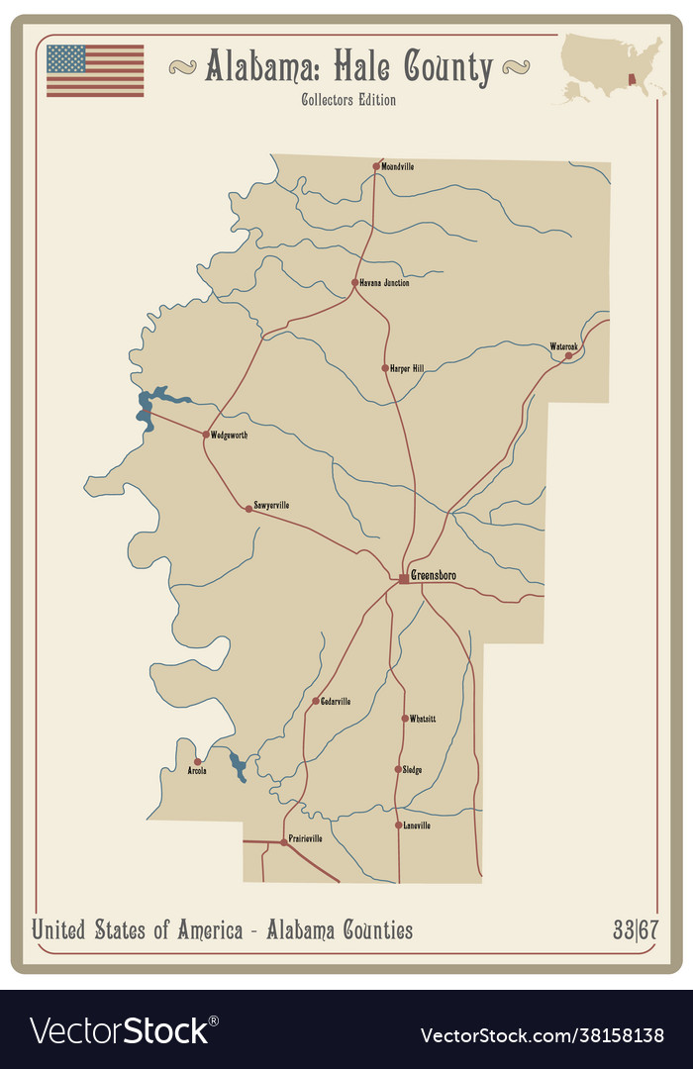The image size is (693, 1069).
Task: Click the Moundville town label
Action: coord(398,166)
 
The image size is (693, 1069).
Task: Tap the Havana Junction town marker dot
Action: coord(354,282)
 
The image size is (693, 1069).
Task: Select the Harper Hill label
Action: coord(407,368)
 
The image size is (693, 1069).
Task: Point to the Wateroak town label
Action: coord(563,346)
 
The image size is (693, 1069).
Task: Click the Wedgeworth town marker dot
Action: coord(206,434)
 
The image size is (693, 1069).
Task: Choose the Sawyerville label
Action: coord(271,505)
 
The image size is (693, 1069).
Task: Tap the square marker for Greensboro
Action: coord(403,578)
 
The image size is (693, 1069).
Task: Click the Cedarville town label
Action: coord(335,701)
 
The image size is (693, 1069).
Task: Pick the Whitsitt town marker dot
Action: coord(405,719)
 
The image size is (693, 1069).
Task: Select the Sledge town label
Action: coord(412,769)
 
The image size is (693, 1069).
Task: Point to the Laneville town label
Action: coord(417,825)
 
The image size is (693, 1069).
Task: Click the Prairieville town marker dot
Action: coord(283,842)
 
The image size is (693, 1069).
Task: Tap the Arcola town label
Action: coord(197,770)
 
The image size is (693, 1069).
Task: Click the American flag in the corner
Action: coord(95,70)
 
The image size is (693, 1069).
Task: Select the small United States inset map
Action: coord(612,67)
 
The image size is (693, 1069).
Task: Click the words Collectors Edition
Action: coord(348,100)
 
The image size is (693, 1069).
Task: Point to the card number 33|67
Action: coord(631,930)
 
